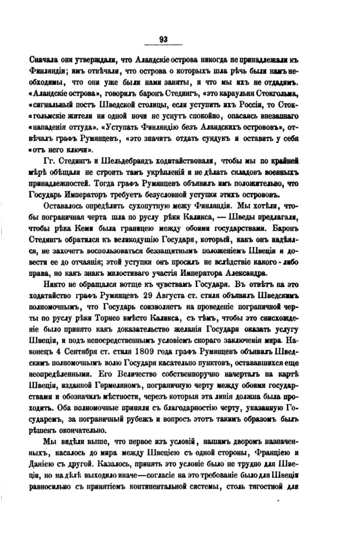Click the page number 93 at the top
(163, 39)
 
